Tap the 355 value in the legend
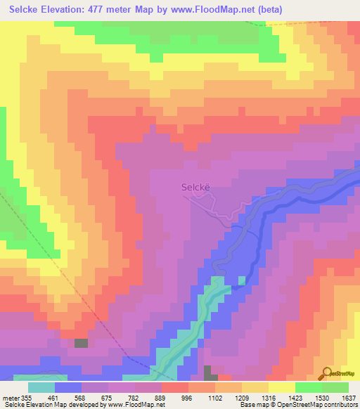[x=27, y=397]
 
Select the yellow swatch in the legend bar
[x=281, y=387]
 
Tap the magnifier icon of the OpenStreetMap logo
[x=326, y=372]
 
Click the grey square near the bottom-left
[x=82, y=343]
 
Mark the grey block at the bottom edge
[x=207, y=372]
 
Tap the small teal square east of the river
[x=242, y=280]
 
